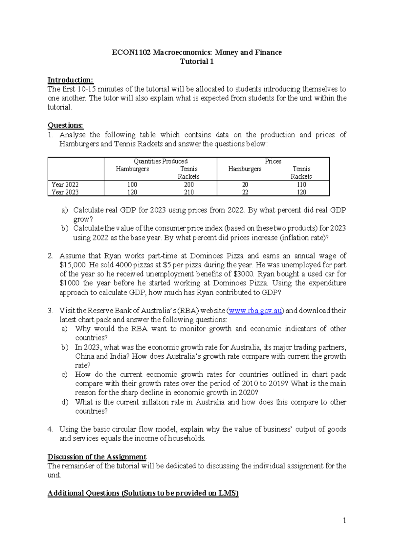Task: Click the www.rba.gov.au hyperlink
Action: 255,311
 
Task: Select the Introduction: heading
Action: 70,80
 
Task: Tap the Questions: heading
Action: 65,125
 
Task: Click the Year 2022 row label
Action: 65,185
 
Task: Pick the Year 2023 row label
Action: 65,192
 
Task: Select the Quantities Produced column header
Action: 161,161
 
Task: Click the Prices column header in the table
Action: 273,161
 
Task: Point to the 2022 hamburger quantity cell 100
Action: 132,185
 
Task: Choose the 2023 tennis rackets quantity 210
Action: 189,192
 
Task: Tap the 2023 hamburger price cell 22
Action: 245,192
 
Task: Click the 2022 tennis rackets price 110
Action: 301,185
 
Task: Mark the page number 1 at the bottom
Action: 344,520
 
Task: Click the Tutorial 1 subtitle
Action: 197,61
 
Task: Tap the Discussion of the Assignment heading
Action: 97,457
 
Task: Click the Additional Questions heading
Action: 143,493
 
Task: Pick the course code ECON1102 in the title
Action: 131,53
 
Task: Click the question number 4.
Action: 50,429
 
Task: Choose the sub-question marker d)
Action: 65,402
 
